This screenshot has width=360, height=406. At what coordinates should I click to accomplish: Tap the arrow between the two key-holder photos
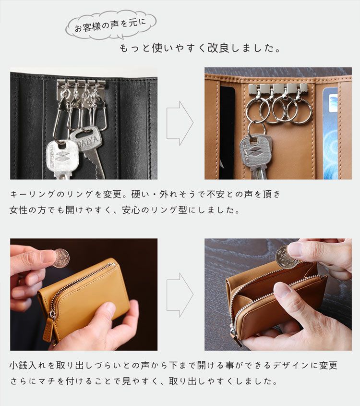(180, 123)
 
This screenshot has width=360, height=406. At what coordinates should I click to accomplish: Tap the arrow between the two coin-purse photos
(180, 294)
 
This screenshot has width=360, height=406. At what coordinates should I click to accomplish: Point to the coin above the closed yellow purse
(61, 258)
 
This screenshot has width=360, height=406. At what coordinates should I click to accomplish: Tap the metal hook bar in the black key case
(81, 84)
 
